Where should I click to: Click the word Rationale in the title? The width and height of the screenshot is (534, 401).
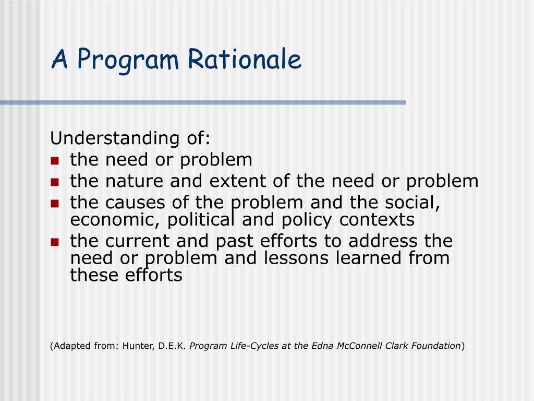pos(245,60)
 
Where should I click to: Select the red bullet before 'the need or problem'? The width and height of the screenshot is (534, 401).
pos(54,161)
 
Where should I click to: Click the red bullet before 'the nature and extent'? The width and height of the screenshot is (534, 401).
pos(54,182)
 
